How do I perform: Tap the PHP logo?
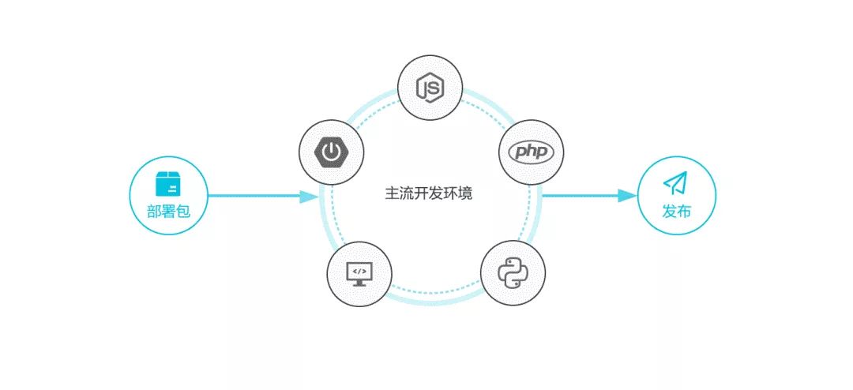pos(532,152)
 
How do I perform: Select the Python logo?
pos(513,272)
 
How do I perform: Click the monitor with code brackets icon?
pos(359,272)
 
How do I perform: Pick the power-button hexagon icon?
pos(332,151)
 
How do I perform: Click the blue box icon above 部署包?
pos(168,184)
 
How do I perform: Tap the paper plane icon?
pos(675,183)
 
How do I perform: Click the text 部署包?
pos(169,212)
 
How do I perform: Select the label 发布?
pos(676,212)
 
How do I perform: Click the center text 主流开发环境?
pos(428,193)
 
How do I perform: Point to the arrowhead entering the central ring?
pos(308,196)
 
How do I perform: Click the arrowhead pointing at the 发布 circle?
pos(627,195)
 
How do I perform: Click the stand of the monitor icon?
pos(359,282)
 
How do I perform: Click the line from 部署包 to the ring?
pos(253,196)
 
